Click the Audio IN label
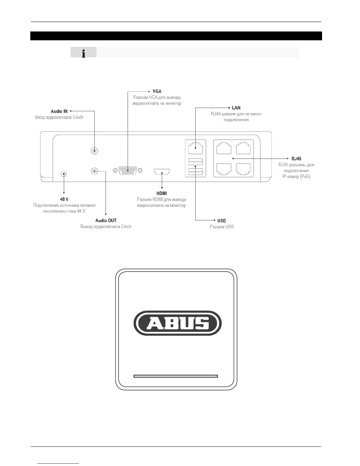pyautogui.click(x=59, y=111)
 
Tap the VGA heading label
pyautogui.click(x=157, y=91)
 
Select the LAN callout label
pyautogui.click(x=236, y=108)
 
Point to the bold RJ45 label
pyautogui.click(x=296, y=159)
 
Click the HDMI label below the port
pyautogui.click(x=161, y=193)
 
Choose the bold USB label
pyautogui.click(x=221, y=221)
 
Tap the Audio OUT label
pyautogui.click(x=106, y=220)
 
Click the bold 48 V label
pyautogui.click(x=64, y=199)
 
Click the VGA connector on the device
pyautogui.click(x=128, y=171)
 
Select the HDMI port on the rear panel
pyautogui.click(x=162, y=172)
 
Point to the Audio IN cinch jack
pyautogui.click(x=94, y=151)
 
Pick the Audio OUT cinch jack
pyautogui.click(x=94, y=171)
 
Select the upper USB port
pyautogui.click(x=195, y=161)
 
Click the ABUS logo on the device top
pyautogui.click(x=177, y=323)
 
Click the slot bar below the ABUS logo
pyautogui.click(x=176, y=376)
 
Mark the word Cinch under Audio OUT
pyautogui.click(x=126, y=227)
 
